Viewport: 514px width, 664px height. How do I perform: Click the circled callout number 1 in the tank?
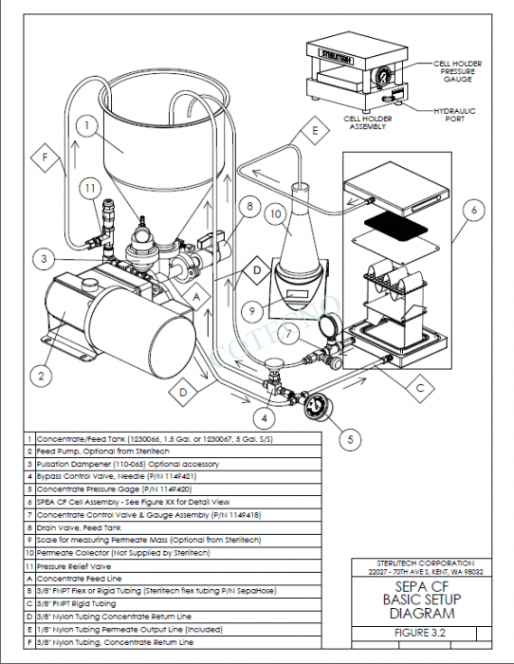coord(85,123)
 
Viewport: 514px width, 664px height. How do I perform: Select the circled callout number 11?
coord(88,189)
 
